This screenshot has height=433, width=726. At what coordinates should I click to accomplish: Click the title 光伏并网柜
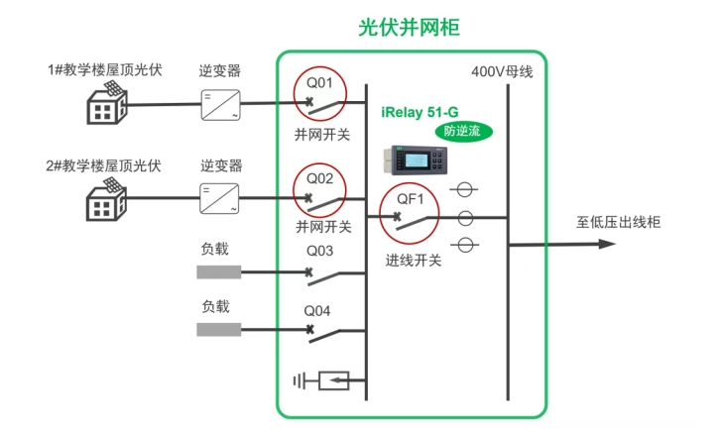[410, 28]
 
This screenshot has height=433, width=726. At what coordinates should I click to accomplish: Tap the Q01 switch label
[319, 82]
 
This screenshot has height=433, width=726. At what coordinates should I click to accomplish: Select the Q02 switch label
[319, 179]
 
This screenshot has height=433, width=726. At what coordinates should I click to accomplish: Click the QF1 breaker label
[411, 199]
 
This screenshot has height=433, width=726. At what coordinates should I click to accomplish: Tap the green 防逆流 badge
[462, 130]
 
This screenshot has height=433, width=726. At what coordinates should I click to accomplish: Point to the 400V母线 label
[502, 71]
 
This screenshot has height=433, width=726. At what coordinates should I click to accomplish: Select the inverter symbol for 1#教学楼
[219, 103]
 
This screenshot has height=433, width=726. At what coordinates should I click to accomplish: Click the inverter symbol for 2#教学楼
[219, 197]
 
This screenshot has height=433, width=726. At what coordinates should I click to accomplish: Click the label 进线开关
[414, 261]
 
